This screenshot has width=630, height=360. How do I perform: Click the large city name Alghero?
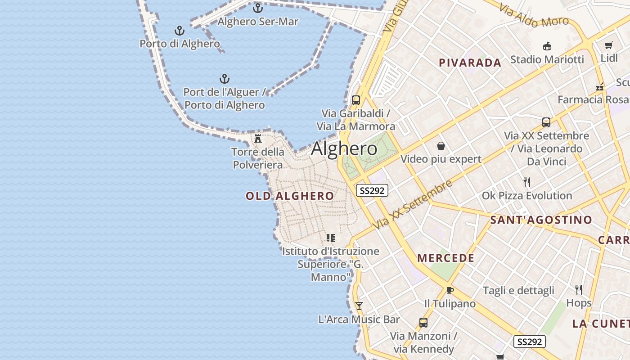[x=344, y=148]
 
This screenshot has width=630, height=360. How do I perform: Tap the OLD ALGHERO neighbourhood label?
[x=290, y=196]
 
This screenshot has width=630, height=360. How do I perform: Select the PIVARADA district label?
[x=470, y=63]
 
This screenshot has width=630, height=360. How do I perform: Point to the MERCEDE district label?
[x=445, y=258]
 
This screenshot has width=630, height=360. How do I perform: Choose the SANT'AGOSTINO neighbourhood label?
[x=541, y=220]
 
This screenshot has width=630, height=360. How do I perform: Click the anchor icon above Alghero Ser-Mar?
[x=258, y=8]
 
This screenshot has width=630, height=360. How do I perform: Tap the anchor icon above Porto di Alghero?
[x=180, y=31]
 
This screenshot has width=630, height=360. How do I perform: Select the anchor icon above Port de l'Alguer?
[x=225, y=79]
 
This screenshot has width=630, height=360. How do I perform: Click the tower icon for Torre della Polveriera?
[x=258, y=138]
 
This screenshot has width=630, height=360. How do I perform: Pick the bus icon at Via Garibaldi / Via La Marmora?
[x=356, y=100]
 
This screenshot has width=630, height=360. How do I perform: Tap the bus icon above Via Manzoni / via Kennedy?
[x=423, y=322]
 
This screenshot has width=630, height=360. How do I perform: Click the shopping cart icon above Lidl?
[x=609, y=45]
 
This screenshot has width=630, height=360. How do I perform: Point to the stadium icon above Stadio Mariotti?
[x=547, y=46]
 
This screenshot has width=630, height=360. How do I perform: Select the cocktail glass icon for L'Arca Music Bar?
[x=359, y=306]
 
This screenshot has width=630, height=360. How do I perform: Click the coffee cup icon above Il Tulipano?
[x=450, y=290]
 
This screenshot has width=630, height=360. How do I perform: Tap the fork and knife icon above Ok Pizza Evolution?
[x=527, y=182]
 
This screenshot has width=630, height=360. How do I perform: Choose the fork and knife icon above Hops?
[x=579, y=289]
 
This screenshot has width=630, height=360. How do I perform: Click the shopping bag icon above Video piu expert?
[x=441, y=146]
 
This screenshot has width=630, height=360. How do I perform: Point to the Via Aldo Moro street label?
[x=534, y=16]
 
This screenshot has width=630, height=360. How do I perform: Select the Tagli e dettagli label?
[x=518, y=290]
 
